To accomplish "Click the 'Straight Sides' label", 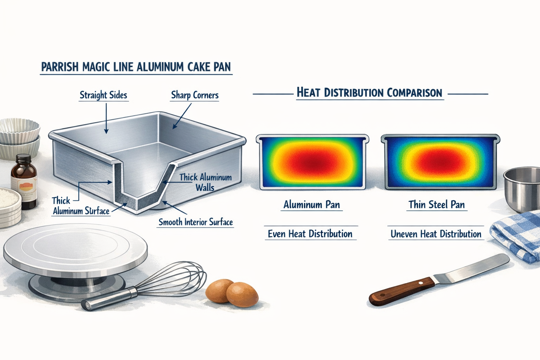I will coord(103,95).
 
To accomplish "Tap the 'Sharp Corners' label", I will coord(194,95).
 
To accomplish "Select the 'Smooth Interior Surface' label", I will coord(195,222).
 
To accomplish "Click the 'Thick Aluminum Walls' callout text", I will coord(205,182).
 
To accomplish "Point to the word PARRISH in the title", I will coord(59,67).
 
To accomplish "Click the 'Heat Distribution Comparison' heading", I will coord(369,92).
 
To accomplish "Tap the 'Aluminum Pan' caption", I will coord(311,205).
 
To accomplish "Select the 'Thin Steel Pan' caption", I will coord(437,205).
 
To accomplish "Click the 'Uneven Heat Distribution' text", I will coord(436,234).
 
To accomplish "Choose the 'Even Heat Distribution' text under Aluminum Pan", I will coord(310,234).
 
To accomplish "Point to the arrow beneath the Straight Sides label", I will coord(106,120).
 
